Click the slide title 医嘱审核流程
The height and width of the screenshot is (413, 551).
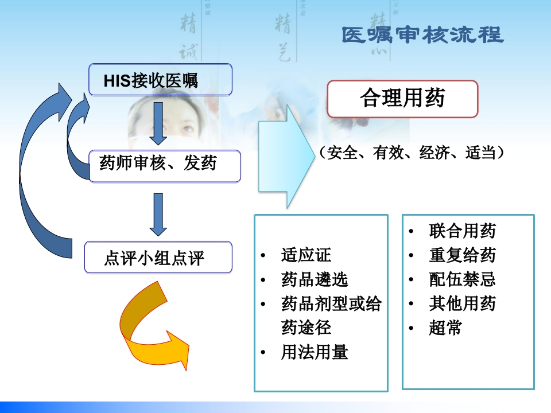tap(422, 35)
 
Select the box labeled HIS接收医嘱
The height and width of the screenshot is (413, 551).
tap(160, 80)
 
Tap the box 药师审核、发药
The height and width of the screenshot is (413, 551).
tap(164, 166)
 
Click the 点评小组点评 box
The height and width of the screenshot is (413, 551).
tap(158, 258)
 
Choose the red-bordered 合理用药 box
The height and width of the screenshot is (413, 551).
tap(402, 99)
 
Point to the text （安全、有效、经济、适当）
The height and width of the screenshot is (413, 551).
tap(412, 153)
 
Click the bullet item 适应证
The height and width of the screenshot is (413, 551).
tap(305, 255)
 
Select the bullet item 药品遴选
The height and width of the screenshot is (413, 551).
tap(314, 279)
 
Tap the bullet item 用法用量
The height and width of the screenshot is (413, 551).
tap(314, 352)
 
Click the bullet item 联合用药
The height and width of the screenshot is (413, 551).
tap(462, 231)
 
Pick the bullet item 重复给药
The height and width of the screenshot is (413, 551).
tap(462, 255)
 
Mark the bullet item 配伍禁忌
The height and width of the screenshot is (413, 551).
tap(462, 279)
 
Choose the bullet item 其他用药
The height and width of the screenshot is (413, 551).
tap(462, 303)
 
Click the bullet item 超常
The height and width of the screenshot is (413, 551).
tap(445, 328)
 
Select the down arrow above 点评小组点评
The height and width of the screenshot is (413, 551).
tap(158, 213)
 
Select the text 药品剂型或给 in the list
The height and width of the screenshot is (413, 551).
tap(331, 303)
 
